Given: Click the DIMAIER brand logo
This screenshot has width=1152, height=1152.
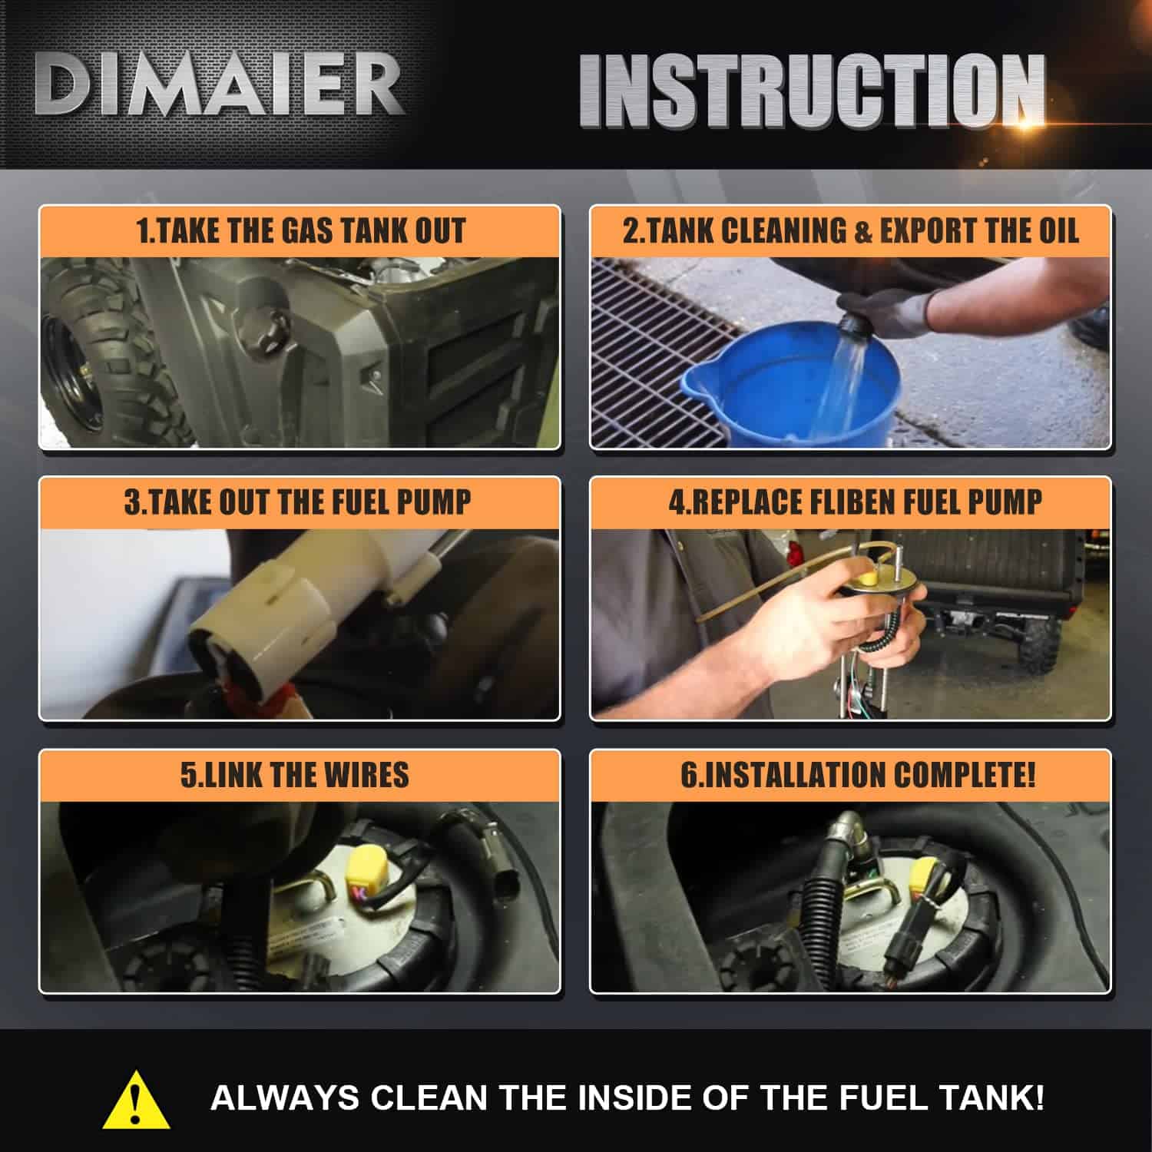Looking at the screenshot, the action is [x=219, y=85].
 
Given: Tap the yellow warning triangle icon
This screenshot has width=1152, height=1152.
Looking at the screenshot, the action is [x=136, y=1099].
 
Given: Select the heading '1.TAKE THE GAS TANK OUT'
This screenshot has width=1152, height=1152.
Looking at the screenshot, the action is [x=300, y=230].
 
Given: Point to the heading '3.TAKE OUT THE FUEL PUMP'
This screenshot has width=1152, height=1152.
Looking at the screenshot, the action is [x=298, y=502].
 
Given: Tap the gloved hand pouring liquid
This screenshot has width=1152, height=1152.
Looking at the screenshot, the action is [x=891, y=311].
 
